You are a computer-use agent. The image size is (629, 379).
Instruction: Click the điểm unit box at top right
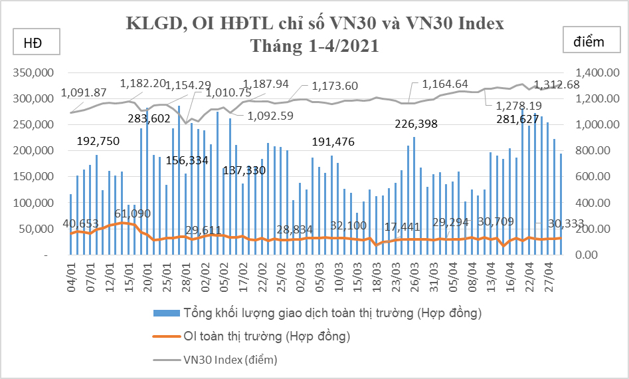[588, 42]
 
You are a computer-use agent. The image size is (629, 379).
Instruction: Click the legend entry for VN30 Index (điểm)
[230, 360]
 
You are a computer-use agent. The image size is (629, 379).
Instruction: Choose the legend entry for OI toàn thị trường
[266, 336]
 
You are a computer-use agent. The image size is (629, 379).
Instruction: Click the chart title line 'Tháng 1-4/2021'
[315, 47]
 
